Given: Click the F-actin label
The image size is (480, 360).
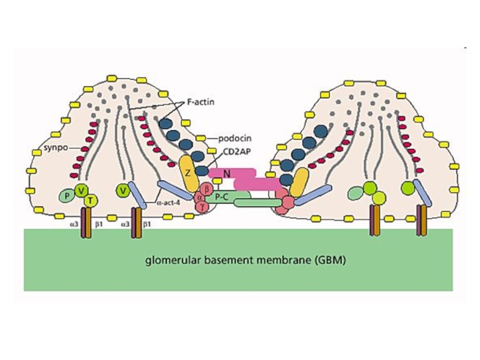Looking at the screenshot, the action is tap(200, 101).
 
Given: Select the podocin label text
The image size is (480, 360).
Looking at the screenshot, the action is tap(235, 139).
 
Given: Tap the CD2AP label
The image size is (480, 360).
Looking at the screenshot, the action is tap(235, 152).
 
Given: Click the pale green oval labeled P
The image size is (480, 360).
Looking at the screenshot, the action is tap(67, 196).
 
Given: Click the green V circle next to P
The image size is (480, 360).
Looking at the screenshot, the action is tap(81, 190).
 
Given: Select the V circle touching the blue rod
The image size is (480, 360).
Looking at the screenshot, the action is tap(123, 191).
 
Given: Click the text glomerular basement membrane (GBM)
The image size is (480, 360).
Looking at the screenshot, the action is tap(245, 260).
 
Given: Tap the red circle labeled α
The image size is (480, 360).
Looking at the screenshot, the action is tap(200, 197).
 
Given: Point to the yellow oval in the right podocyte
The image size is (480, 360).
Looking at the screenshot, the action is tap(299, 183).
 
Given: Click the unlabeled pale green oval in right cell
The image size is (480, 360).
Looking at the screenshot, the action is tap(356, 193).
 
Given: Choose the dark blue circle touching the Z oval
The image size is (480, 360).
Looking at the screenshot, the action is tap(202, 170).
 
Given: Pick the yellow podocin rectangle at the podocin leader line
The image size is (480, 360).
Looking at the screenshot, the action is tap(201, 139).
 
